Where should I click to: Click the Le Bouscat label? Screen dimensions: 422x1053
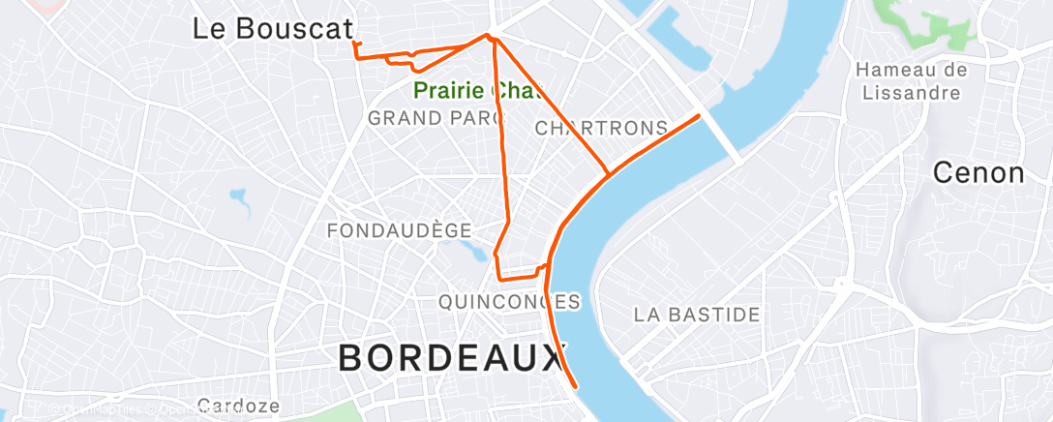coord(272,28)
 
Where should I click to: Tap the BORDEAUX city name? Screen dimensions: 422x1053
coord(450,359)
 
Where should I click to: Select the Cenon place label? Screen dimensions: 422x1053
coord(978,173)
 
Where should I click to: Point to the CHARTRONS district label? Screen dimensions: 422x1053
coord(601,128)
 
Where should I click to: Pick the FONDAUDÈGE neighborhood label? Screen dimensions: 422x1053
coord(399,230)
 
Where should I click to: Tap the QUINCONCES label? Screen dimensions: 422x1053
coord(509,302)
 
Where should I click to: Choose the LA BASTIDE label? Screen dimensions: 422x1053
coord(697,315)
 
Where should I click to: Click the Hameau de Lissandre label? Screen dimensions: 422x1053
coord(913,81)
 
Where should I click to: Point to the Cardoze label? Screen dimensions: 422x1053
coord(238,406)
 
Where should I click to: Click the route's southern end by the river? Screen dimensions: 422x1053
coord(577,386)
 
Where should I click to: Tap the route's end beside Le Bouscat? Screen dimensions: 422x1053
coord(354,43)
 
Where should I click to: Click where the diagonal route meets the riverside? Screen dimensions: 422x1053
coord(608,174)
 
